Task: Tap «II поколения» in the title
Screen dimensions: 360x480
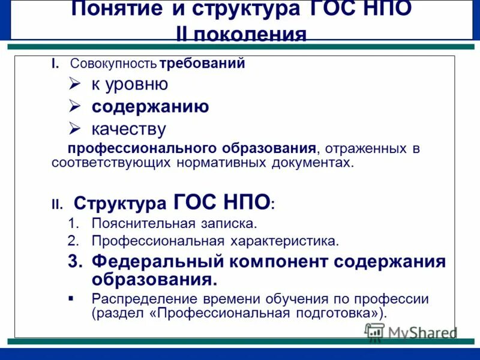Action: (241, 34)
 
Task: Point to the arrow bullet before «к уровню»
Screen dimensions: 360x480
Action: (74, 85)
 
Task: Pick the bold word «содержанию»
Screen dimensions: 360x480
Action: (150, 107)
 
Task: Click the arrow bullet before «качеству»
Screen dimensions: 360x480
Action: (74, 128)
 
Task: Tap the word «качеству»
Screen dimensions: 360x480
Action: (128, 129)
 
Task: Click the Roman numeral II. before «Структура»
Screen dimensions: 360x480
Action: (56, 205)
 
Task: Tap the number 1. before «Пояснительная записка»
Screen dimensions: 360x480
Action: (73, 224)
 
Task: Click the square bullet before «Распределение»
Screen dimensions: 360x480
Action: (71, 298)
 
